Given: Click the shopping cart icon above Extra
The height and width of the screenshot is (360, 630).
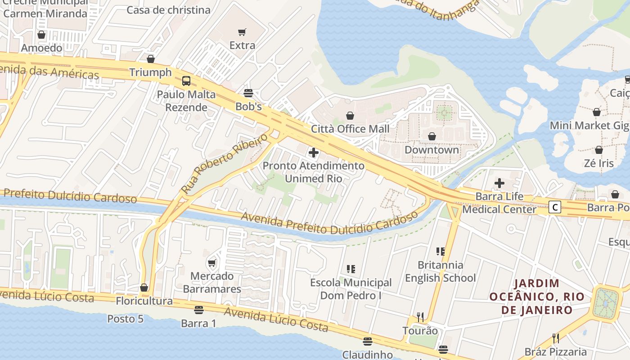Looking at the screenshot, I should (242, 32).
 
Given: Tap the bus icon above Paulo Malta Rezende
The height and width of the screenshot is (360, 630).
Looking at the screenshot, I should (186, 81).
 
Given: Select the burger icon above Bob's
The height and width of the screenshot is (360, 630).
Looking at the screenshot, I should (248, 93).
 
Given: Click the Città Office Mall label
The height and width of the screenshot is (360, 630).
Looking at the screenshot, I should (350, 129).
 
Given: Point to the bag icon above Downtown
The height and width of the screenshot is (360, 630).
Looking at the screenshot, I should (432, 136).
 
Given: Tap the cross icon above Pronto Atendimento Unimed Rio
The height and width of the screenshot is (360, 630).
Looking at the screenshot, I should (314, 153).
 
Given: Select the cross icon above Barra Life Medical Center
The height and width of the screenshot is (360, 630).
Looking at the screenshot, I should (499, 183).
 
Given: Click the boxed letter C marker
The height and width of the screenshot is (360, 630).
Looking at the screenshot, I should (556, 207).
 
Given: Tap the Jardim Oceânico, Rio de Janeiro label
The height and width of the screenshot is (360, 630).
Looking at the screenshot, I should (536, 297).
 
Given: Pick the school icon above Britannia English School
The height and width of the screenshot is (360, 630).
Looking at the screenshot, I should (440, 251).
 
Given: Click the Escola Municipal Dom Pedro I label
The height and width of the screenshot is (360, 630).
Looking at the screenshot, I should (351, 289).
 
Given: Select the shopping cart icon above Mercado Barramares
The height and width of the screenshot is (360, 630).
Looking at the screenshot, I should (211, 263).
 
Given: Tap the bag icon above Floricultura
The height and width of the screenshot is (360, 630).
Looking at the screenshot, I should (144, 288).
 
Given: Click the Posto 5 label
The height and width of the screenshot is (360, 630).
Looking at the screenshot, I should (125, 319).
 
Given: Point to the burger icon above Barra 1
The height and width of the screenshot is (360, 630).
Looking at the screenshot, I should (199, 310).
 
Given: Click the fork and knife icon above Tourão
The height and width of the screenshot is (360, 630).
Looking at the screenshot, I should (420, 317).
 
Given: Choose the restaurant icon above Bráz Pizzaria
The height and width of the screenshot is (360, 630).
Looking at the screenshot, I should (556, 338).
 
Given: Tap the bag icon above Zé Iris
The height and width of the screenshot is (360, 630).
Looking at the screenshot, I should (599, 150).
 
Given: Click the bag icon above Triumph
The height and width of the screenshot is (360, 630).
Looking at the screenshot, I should (151, 59).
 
